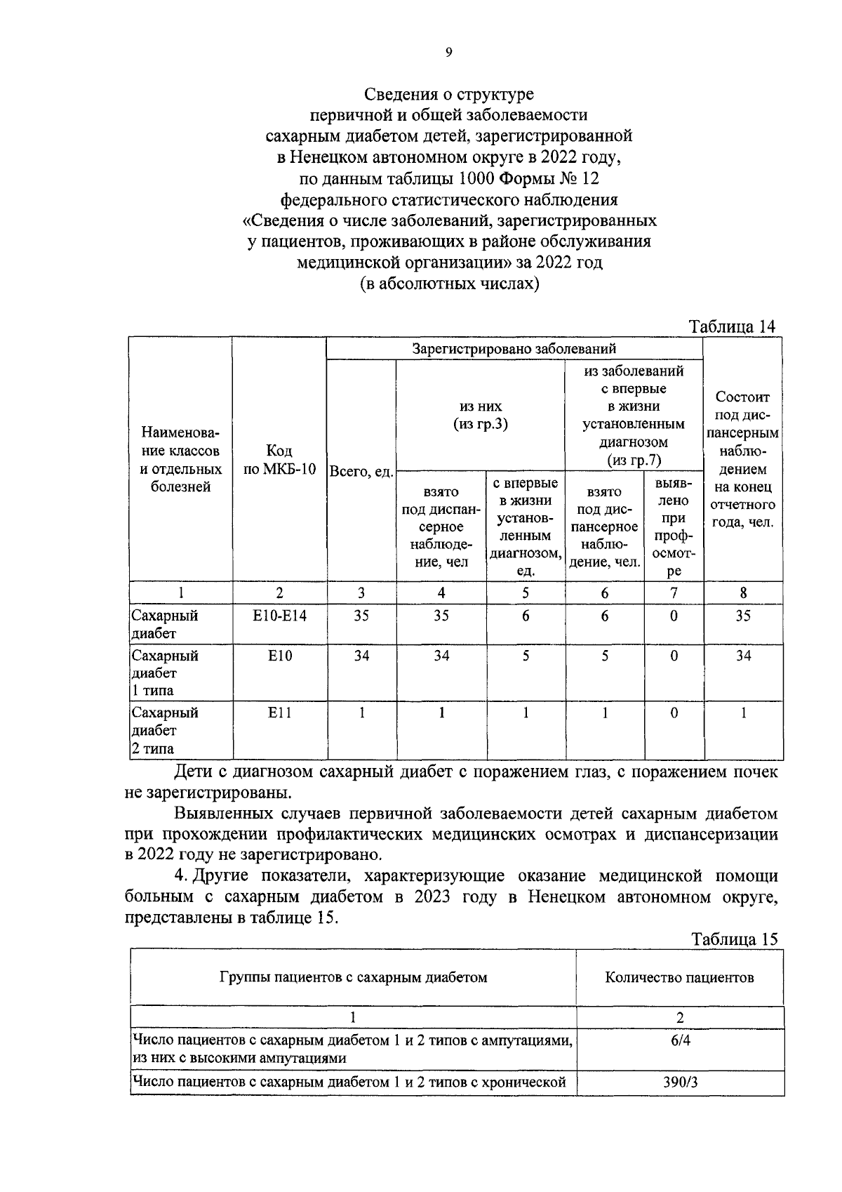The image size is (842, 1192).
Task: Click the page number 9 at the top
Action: [x=448, y=51]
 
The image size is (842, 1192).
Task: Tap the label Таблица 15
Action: [x=735, y=939]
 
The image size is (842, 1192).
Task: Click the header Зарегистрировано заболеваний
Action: [x=514, y=348]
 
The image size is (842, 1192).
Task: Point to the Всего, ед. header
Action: [x=361, y=472]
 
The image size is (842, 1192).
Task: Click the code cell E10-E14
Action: [x=279, y=616]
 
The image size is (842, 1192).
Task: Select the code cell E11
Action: [x=279, y=713]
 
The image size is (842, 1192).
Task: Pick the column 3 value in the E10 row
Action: [x=361, y=656]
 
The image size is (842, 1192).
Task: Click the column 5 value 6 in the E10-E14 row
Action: [x=526, y=616]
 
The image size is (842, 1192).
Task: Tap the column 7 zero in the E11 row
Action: [x=674, y=713]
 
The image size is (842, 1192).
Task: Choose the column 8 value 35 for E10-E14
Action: [x=743, y=616]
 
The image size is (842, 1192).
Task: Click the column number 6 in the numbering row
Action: [x=605, y=592]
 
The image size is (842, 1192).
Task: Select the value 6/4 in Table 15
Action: [x=680, y=1040]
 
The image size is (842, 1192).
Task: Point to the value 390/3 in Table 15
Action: [x=680, y=1082]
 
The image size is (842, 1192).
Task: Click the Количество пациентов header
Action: [x=679, y=977]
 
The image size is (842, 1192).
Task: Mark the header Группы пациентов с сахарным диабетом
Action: [x=353, y=977]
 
